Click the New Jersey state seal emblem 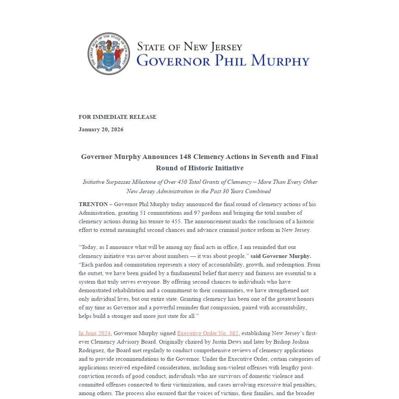109,54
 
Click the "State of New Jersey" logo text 189,47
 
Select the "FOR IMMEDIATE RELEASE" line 117,117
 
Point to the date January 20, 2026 101,129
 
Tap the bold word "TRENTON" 93,204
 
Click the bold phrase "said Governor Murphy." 281,256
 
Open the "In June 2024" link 95,333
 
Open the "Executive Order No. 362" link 207,333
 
